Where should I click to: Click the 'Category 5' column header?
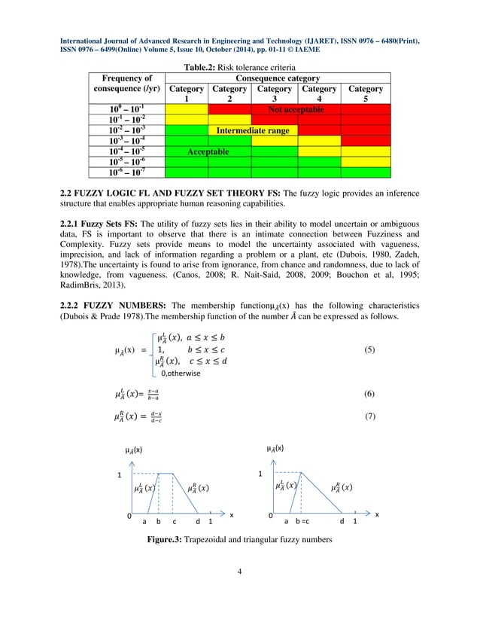click(366, 93)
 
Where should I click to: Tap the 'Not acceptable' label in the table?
click(296, 109)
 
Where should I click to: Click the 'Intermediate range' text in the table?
click(252, 130)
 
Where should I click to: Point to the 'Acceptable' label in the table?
click(208, 151)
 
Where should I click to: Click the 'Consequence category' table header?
click(278, 78)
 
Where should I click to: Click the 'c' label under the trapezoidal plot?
click(175, 520)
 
